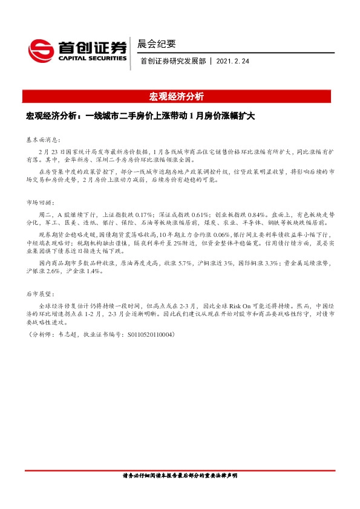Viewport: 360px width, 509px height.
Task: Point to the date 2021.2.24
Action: coord(232,61)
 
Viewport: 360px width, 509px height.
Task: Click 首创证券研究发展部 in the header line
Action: coord(173,61)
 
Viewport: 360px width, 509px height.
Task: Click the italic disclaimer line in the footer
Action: coord(180,476)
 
